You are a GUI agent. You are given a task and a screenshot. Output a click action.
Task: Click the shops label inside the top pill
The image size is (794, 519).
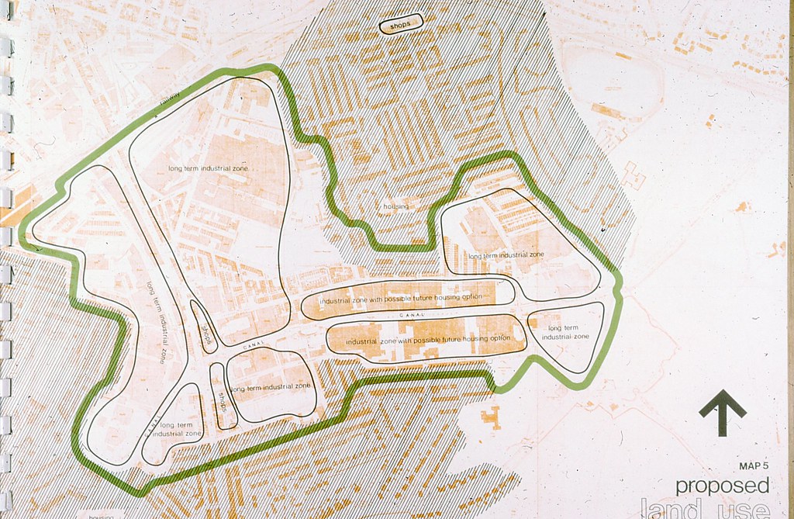pos(400,26)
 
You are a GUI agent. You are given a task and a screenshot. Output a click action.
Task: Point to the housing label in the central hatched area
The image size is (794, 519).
pos(395,207)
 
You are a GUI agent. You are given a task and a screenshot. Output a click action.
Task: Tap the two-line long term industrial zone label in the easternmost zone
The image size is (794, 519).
pos(565,332)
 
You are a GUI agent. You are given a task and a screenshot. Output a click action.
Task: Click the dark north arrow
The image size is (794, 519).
pos(723,413)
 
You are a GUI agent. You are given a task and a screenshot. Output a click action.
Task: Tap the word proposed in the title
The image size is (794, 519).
pos(722,486)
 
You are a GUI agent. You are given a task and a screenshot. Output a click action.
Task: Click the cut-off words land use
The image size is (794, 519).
pos(706,510)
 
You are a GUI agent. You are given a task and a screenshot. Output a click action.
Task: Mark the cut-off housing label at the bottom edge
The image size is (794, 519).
pos(101,515)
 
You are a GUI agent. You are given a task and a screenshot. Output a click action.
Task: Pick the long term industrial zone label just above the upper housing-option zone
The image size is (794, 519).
pos(506,254)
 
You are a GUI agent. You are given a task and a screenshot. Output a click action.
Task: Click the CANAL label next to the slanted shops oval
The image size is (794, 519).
pos(253,342)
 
